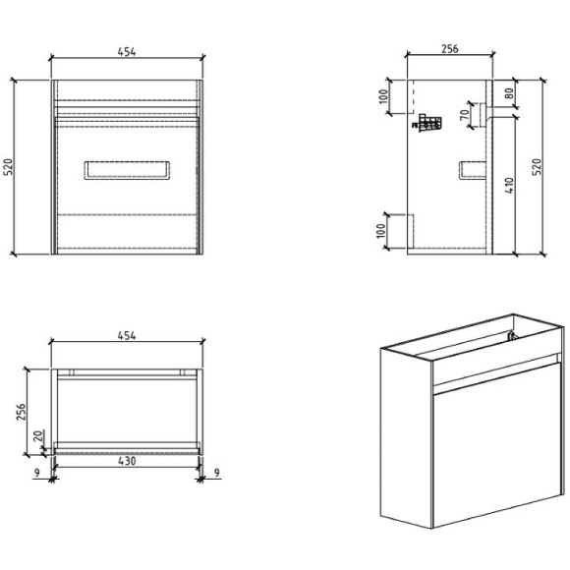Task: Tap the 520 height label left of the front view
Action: (9, 167)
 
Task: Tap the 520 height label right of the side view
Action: (536, 167)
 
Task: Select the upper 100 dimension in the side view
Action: (384, 97)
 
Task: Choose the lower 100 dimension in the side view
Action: (384, 233)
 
